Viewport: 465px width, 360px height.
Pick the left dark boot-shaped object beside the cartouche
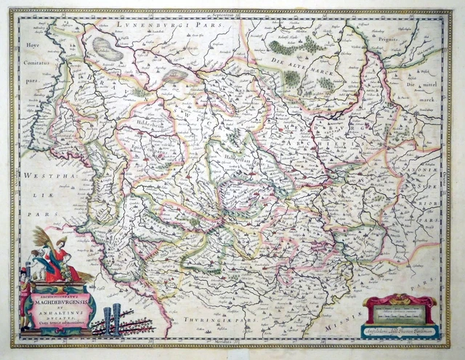[x=107, y=321]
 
